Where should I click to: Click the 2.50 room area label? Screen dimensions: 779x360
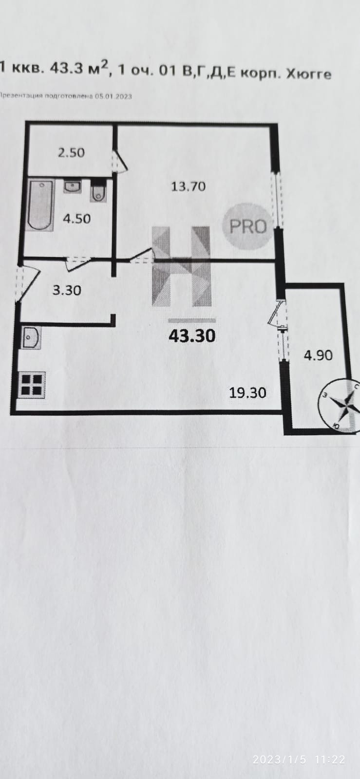tap(71, 152)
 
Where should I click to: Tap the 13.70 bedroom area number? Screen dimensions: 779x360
tap(188, 186)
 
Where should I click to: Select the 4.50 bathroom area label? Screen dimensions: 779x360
tap(76, 219)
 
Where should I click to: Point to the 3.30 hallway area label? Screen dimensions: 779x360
tap(66, 291)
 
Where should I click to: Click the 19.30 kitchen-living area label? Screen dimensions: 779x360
tap(247, 392)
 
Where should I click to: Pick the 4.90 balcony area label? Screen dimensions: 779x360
tap(318, 355)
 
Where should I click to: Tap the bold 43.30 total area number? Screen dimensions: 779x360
tap(191, 335)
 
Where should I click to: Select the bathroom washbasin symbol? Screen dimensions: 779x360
tap(72, 186)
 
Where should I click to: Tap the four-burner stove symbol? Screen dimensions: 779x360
tap(32, 384)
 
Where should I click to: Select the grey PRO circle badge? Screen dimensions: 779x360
tap(247, 225)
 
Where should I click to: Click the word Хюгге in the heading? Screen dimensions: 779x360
tap(308, 74)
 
